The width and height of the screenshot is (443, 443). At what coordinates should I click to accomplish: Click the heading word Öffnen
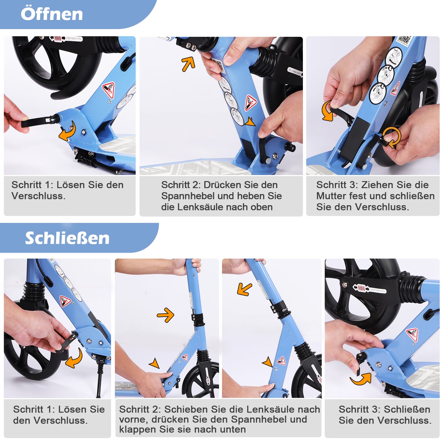(52, 14)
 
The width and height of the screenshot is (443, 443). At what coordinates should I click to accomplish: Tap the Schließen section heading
(67, 238)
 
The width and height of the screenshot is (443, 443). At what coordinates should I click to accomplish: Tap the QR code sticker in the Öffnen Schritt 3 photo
(404, 40)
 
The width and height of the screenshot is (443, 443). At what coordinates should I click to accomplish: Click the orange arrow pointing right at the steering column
(166, 315)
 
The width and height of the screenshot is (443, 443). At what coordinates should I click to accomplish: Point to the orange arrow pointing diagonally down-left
(244, 289)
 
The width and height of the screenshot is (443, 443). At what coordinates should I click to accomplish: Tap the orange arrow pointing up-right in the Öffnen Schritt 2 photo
(188, 64)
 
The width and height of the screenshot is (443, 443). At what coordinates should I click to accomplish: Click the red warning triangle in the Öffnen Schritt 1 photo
(108, 90)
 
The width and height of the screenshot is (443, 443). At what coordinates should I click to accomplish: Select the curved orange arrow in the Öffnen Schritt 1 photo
(68, 131)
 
